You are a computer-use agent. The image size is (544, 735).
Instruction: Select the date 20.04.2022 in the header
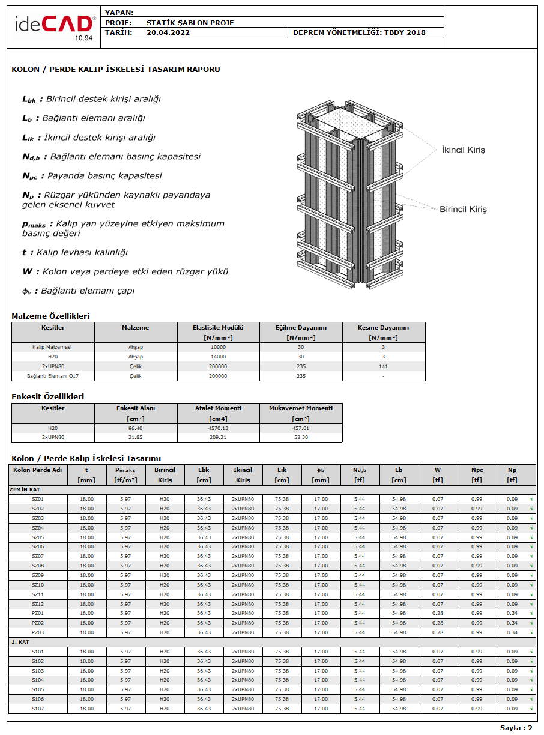pyautogui.click(x=168, y=32)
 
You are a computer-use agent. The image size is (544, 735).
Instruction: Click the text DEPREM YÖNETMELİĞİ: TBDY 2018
pyautogui.click(x=359, y=32)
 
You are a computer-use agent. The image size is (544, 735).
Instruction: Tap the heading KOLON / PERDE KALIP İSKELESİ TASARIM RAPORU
pyautogui.click(x=116, y=70)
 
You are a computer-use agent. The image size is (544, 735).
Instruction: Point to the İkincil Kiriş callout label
pyautogui.click(x=463, y=150)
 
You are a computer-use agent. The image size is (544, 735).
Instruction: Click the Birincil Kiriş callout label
pyautogui.click(x=463, y=209)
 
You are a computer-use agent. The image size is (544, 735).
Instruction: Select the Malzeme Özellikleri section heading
pyautogui.click(x=50, y=316)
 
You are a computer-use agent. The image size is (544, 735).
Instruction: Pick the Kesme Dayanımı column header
pyautogui.click(x=383, y=328)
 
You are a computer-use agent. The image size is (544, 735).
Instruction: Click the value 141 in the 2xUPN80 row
pyautogui.click(x=383, y=366)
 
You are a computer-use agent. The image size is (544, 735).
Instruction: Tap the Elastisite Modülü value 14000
pyautogui.click(x=219, y=357)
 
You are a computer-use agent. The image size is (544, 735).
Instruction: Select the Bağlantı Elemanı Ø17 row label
pyautogui.click(x=53, y=376)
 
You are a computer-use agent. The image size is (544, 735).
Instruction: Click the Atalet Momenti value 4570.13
pyautogui.click(x=219, y=428)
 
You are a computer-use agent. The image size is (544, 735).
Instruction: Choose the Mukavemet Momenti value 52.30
pyautogui.click(x=301, y=437)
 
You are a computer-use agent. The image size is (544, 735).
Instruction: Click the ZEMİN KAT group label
pyautogui.click(x=25, y=489)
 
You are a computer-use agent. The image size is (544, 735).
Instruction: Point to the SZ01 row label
pyautogui.click(x=38, y=499)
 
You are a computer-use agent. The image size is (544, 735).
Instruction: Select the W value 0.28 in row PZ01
pyautogui.click(x=438, y=613)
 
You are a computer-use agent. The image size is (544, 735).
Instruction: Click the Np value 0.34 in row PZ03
pyautogui.click(x=512, y=632)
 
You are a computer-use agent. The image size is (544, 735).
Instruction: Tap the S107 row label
pyautogui.click(x=38, y=709)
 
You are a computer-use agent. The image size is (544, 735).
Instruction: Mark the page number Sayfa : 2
pyautogui.click(x=516, y=728)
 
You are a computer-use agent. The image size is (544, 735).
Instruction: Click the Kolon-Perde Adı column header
pyautogui.click(x=38, y=470)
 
